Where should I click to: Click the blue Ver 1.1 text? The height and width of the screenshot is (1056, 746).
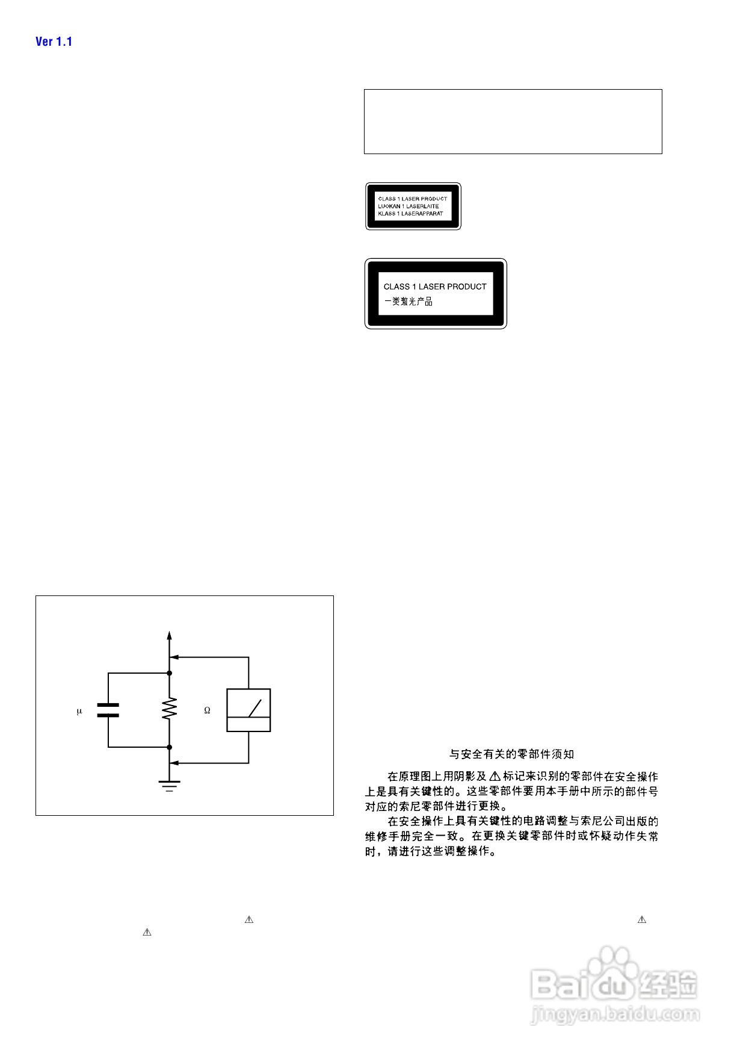[54, 42]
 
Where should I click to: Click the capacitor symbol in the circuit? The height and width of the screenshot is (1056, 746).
[108, 710]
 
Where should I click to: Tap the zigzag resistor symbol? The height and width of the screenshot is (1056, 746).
[170, 709]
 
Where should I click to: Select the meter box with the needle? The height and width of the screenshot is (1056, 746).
[248, 710]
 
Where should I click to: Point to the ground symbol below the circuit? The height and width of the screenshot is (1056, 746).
[170, 785]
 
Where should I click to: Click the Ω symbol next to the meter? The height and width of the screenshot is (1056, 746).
[207, 710]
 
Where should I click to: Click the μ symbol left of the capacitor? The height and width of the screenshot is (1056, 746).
[79, 712]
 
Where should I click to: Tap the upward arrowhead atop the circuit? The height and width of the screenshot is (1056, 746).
[170, 636]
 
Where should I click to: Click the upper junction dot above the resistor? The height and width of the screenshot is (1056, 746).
[170, 673]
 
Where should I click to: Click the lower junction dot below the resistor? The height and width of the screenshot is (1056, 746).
[170, 747]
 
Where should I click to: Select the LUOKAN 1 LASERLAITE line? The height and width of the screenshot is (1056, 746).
[408, 206]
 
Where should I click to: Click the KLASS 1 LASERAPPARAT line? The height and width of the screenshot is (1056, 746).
[410, 214]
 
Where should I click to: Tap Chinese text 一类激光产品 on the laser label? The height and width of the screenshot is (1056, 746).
[408, 302]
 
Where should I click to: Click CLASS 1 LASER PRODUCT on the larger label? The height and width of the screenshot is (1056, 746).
[435, 287]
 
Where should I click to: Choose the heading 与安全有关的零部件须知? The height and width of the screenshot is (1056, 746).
[511, 754]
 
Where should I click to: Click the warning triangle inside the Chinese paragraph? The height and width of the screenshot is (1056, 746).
[495, 777]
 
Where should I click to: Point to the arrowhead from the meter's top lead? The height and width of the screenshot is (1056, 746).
[173, 657]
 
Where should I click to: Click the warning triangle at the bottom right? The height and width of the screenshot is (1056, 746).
[642, 920]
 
